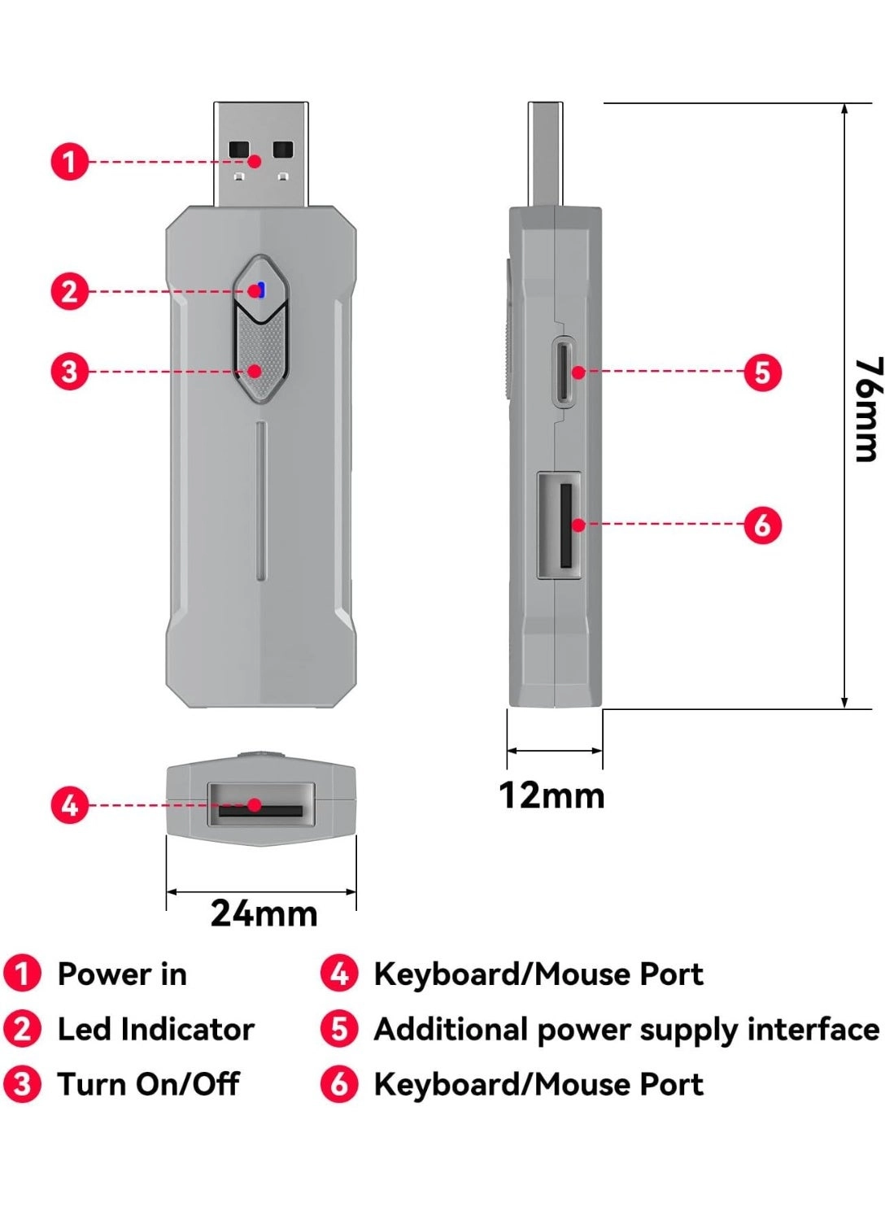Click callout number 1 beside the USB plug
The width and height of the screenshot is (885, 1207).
[70, 161]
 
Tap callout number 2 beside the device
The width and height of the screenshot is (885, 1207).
[70, 291]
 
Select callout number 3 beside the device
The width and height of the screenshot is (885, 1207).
[70, 372]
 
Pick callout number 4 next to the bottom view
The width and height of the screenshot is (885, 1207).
[70, 805]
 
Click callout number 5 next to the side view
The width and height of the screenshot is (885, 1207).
[762, 373]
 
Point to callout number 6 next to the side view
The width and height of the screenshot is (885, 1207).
[762, 525]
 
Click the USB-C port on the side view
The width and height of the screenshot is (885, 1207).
[565, 371]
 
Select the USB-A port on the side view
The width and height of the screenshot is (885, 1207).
[560, 525]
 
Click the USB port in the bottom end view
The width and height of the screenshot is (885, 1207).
[261, 804]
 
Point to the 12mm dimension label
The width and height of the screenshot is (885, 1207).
[551, 795]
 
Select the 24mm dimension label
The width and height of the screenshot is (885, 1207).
[264, 913]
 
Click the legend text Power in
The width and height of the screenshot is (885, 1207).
[122, 974]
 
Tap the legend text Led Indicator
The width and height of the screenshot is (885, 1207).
[155, 1030]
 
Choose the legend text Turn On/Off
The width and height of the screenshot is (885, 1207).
[148, 1084]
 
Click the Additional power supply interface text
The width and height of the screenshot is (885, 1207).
[626, 1030]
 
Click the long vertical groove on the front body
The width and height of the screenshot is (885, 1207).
[260, 500]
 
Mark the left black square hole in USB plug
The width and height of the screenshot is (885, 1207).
[239, 150]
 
